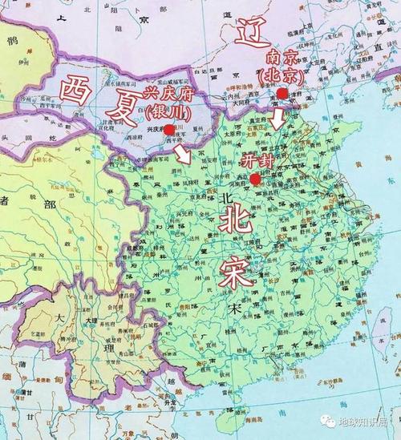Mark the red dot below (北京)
click(282, 94)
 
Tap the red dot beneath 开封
click(254, 179)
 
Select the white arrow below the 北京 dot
click(277, 119)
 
